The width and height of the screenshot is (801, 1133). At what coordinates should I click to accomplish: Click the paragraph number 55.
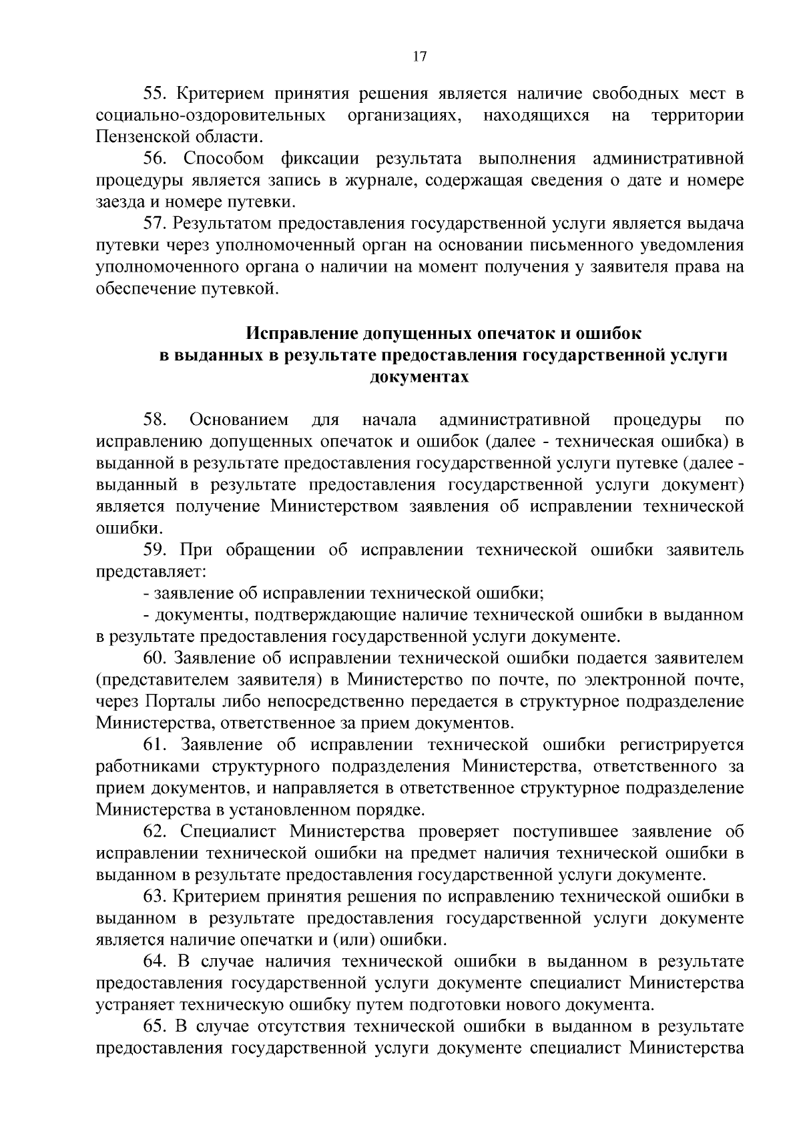tap(154, 93)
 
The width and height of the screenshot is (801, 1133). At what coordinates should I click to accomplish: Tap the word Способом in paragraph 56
tap(223, 159)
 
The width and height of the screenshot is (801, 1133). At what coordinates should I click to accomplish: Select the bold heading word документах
tap(419, 377)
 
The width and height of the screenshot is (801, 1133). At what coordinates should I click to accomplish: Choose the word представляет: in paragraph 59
tap(151, 572)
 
